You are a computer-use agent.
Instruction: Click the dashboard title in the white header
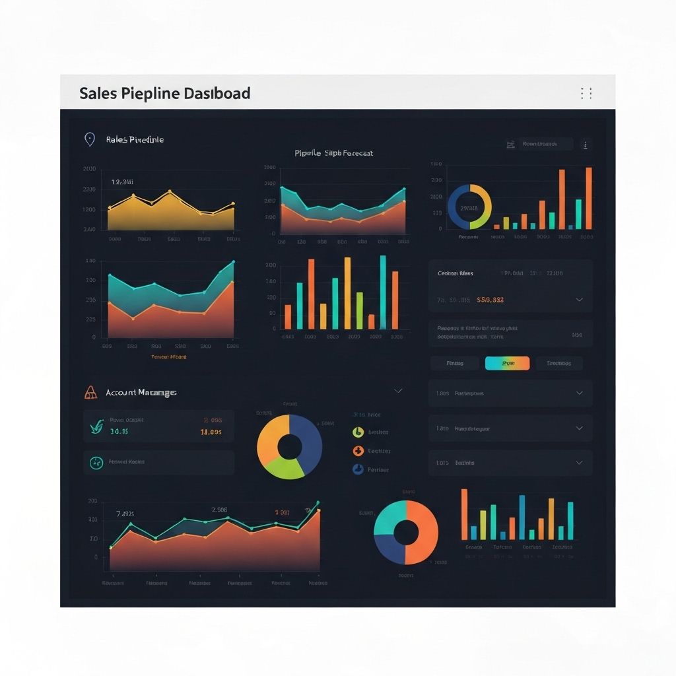164,93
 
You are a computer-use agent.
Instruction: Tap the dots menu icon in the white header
586,93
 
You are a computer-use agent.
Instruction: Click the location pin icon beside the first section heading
89,139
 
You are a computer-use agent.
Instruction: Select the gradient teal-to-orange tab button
507,363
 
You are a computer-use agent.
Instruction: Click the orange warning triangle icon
91,393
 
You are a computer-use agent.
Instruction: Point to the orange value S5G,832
490,300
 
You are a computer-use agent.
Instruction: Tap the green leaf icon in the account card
96,427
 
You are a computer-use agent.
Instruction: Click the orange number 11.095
211,432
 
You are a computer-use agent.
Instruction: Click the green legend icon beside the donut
358,432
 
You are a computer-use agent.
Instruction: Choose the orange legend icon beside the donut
358,451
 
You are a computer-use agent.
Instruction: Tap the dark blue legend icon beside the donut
358,469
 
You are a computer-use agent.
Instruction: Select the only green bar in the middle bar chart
360,310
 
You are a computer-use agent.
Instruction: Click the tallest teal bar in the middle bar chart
383,292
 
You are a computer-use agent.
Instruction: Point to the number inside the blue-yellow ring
469,208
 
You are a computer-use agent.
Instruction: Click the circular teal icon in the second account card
96,463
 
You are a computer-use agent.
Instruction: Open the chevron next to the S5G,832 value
579,300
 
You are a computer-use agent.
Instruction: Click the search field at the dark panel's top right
545,144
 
